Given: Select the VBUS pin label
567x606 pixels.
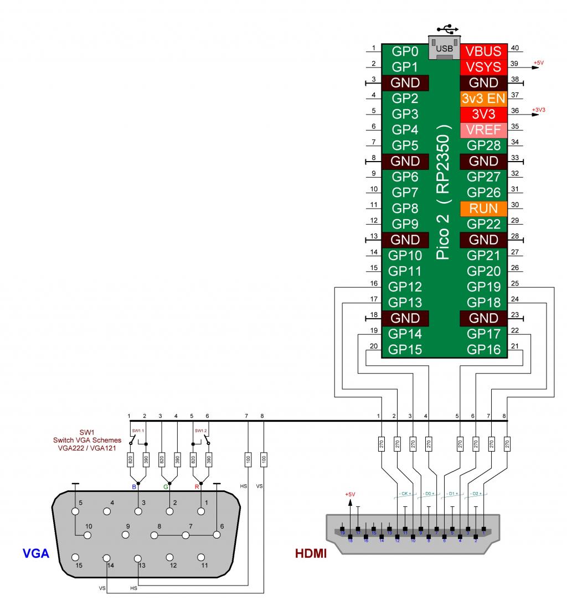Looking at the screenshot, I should point(483,51).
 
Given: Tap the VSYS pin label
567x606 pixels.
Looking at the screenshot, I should point(483,67).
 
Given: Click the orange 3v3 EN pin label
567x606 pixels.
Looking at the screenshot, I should point(483,99).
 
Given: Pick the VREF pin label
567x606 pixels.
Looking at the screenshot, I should point(483,130).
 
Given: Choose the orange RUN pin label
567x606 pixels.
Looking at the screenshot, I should point(483,209).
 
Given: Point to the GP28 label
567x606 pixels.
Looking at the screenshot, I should point(483,146).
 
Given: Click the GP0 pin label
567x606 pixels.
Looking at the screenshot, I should point(405,51).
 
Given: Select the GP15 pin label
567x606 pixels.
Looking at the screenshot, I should point(405,350).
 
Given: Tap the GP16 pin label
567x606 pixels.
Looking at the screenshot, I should point(483,350).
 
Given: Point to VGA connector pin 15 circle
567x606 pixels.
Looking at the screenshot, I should point(76,557).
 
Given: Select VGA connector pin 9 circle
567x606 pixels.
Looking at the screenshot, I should point(127,535).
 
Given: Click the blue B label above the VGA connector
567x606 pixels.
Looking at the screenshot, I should point(133,487).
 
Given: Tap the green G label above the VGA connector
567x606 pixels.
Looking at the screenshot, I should point(165,487).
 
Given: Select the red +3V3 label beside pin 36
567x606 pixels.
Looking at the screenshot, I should point(539,110).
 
